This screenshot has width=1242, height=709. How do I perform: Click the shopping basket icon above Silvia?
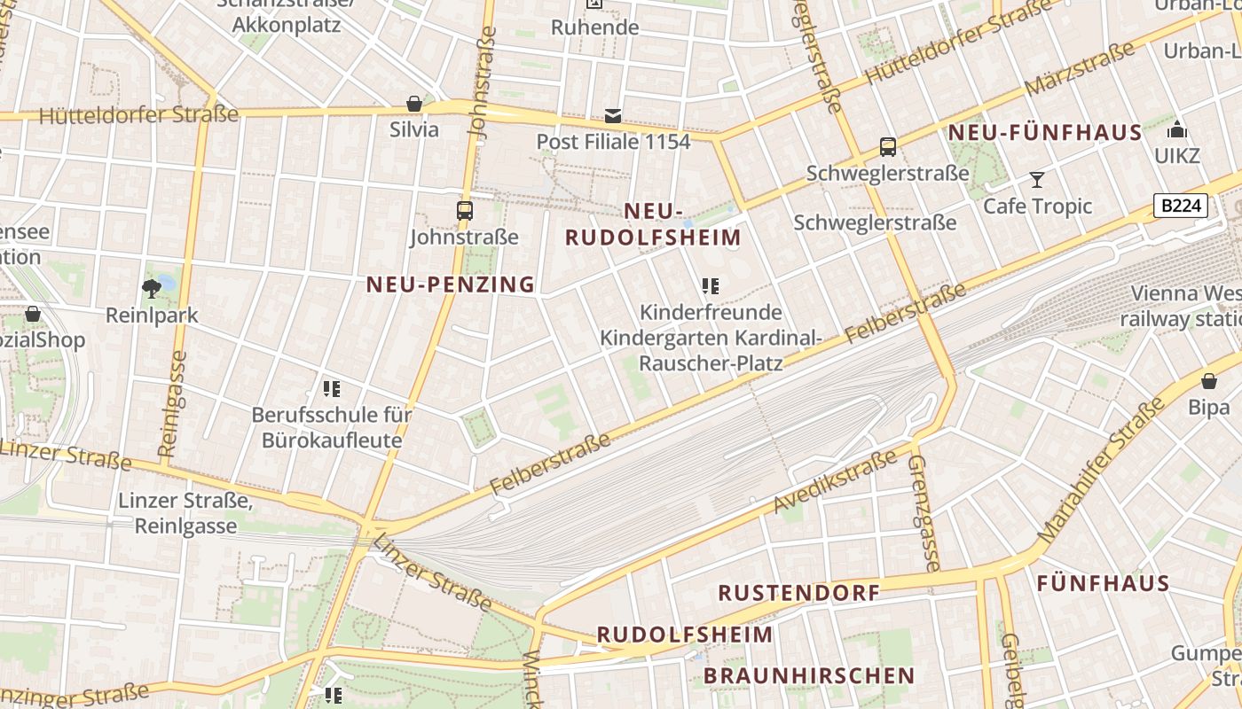(413, 104)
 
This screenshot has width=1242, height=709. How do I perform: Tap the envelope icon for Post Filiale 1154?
(613, 115)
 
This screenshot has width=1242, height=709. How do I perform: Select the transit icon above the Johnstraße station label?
(464, 211)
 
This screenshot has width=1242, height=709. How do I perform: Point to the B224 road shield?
(1182, 206)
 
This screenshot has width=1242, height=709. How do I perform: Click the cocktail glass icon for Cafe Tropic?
(1036, 180)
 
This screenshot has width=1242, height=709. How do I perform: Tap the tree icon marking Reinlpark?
(152, 287)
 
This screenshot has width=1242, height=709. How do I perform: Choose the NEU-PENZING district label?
(451, 284)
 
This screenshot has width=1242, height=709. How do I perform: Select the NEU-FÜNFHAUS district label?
(1045, 133)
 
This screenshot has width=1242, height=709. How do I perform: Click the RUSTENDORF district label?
(798, 593)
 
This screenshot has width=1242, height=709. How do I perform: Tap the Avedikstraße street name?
(835, 482)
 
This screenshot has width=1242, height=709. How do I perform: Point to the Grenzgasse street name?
(924, 513)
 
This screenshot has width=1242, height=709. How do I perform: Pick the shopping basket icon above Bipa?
(1208, 381)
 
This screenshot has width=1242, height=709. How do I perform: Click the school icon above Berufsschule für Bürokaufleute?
(332, 388)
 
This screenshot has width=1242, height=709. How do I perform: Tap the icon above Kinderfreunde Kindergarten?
(710, 285)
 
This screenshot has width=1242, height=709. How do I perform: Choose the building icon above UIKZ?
(1177, 130)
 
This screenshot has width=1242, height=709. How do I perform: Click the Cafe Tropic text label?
(1037, 206)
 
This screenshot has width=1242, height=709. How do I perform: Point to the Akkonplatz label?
(287, 24)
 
